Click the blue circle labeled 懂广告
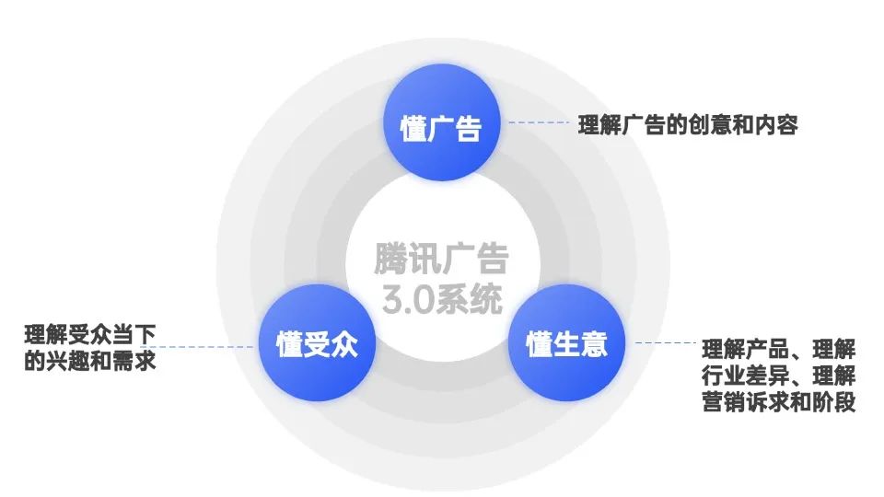pos(441,122)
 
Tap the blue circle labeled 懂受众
pos(317,342)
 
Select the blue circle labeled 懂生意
pos(566,342)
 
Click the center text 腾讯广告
pos(441,259)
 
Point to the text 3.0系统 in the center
pos(442,299)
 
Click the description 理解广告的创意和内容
pos(688,124)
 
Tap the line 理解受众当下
pos(90,335)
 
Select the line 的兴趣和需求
pos(90,361)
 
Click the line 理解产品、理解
pos(779,350)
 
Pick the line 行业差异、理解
pos(779,376)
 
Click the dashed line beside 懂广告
pos(539,122)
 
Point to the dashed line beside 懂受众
pos(205,347)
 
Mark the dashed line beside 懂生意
pos(666,342)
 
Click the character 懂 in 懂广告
pos(413,128)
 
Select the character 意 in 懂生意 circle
pos(594,344)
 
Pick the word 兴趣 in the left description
pos(68,361)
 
